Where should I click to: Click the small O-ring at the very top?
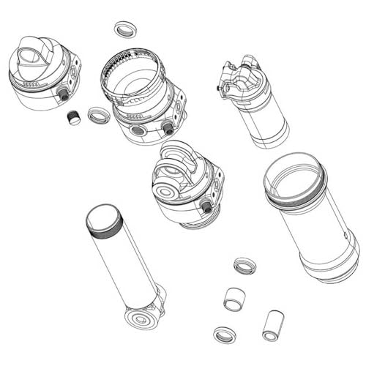126,30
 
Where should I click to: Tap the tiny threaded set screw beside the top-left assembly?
72,116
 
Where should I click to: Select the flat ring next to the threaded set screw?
98,115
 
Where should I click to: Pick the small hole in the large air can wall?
345,236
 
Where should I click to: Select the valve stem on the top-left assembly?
63,94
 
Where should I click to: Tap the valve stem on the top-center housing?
168,129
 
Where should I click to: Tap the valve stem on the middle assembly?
207,208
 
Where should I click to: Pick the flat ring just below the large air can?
244,266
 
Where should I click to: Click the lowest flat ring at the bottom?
225,335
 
